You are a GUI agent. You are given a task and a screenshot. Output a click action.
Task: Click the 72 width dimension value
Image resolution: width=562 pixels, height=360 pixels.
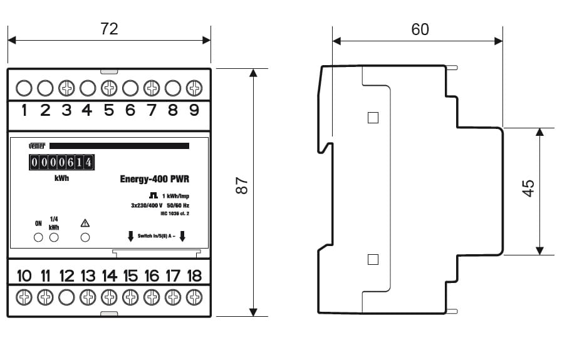point(109,29)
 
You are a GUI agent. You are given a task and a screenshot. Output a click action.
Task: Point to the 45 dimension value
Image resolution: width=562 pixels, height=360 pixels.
point(528,188)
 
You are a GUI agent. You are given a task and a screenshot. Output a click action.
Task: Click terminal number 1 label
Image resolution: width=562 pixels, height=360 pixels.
point(24,111)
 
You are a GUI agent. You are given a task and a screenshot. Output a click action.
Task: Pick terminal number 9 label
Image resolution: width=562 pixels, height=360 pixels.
point(194,111)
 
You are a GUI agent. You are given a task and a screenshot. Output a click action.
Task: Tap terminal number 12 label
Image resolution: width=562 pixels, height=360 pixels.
point(66,276)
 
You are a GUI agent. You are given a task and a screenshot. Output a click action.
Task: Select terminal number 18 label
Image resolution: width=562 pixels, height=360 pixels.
point(194,276)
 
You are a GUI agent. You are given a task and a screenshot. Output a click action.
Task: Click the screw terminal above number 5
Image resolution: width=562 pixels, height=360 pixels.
point(109,88)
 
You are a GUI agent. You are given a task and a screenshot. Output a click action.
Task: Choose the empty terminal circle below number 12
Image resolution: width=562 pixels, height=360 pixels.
point(66,297)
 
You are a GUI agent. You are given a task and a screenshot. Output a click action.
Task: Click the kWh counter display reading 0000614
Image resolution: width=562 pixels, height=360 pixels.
point(61,163)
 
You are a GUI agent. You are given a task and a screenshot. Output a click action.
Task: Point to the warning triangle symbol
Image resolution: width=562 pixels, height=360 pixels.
point(85,223)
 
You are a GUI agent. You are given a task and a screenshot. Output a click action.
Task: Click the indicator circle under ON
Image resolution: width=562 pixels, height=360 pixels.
point(38,237)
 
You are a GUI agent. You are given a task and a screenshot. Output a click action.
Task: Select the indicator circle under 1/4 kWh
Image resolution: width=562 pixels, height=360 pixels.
point(54,237)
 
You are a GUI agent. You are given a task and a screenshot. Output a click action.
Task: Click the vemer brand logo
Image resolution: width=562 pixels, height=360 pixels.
point(38,146)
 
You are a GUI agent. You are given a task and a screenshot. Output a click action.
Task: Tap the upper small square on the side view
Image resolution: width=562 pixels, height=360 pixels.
point(373,118)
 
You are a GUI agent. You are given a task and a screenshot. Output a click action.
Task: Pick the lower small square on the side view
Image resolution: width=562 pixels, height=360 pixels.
point(373,259)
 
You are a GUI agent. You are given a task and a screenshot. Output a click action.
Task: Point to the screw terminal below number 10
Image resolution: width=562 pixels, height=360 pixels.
point(24,297)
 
